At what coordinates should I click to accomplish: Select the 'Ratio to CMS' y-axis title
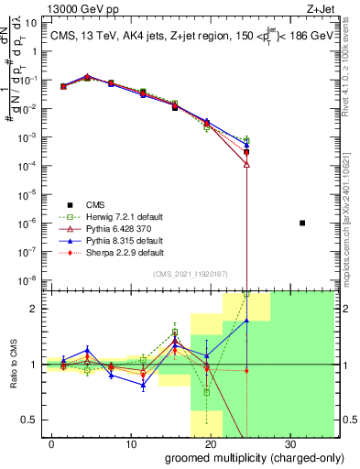pyautogui.click(x=13, y=365)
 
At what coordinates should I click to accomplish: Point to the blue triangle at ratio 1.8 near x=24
pyautogui.click(x=246, y=321)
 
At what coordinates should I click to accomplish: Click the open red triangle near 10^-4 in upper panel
pyautogui.click(x=246, y=164)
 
